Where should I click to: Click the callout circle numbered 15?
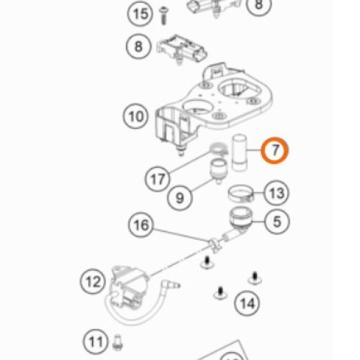pyautogui.click(x=140, y=14)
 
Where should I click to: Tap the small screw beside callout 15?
pyautogui.click(x=163, y=16)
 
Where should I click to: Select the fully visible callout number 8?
pyautogui.click(x=138, y=46)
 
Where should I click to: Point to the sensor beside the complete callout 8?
pyautogui.click(x=181, y=50)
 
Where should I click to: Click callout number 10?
pyautogui.click(x=135, y=117)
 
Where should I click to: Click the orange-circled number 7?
pyautogui.click(x=275, y=150)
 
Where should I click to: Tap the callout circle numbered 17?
pyautogui.click(x=158, y=179)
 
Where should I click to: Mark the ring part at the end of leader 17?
pyautogui.click(x=218, y=149)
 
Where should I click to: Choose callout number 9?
pyautogui.click(x=180, y=198)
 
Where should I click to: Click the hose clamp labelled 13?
pyautogui.click(x=240, y=194)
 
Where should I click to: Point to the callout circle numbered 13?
pyautogui.click(x=276, y=193)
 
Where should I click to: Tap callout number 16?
pyautogui.click(x=141, y=225)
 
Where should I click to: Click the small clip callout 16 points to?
pyautogui.click(x=215, y=245)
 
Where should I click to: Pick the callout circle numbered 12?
pyautogui.click(x=93, y=281)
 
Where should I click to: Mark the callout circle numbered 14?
pyautogui.click(x=247, y=303)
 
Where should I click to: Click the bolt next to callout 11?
pyautogui.click(x=117, y=343)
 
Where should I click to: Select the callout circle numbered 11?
pyautogui.click(x=96, y=341)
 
